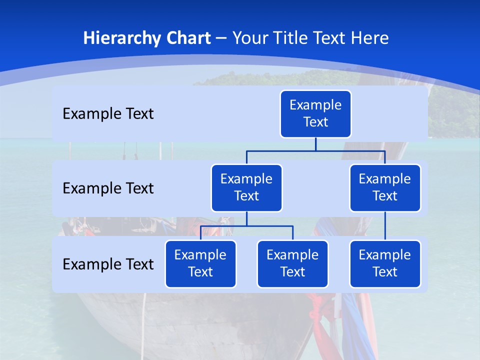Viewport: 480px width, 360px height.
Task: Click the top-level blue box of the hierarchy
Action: (315, 114)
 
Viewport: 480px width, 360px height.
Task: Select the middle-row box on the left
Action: (246, 188)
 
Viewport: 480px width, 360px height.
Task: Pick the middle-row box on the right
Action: (385, 188)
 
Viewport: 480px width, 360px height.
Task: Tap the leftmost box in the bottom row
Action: (200, 264)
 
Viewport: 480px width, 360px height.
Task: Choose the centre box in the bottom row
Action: (292, 264)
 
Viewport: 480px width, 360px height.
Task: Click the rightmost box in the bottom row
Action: (385, 264)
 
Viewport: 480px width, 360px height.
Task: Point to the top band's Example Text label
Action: (108, 114)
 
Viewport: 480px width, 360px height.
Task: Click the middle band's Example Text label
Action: (108, 188)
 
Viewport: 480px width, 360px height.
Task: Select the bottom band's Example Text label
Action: (108, 264)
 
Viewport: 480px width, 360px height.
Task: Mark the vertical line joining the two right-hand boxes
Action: (385, 226)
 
